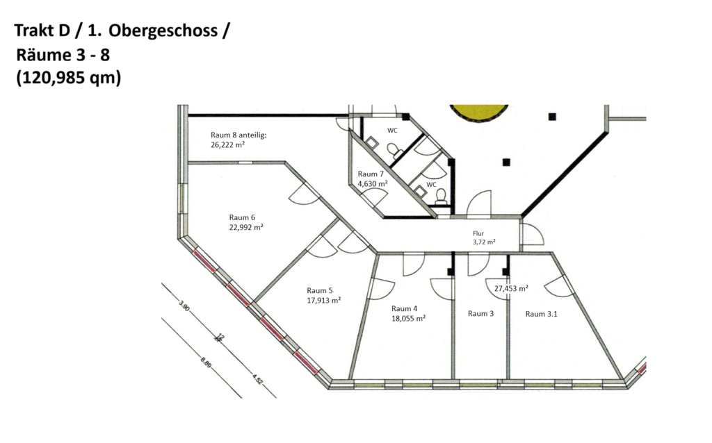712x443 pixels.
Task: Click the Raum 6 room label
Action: (x=242, y=217)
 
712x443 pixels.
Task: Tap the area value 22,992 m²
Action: (x=246, y=227)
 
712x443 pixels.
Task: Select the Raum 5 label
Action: (x=320, y=291)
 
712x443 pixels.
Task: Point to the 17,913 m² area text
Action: (x=324, y=300)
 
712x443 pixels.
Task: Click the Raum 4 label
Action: (x=404, y=309)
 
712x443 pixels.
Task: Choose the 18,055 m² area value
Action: (x=408, y=318)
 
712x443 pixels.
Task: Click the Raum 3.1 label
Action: (x=541, y=314)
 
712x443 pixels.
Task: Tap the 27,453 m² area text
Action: (x=511, y=288)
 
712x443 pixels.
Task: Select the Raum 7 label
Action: (x=371, y=174)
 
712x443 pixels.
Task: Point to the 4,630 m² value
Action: (x=373, y=183)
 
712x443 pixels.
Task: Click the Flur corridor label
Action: (x=478, y=233)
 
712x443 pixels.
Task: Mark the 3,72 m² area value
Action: (x=484, y=242)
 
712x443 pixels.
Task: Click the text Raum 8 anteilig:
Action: (x=238, y=135)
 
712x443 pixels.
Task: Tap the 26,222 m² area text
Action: (x=227, y=145)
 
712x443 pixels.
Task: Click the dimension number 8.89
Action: (x=206, y=363)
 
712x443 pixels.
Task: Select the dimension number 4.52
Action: (x=257, y=379)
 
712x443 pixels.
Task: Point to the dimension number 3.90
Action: (x=184, y=306)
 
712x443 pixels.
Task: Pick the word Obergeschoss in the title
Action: (x=163, y=31)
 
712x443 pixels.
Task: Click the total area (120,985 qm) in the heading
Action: (x=69, y=78)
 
